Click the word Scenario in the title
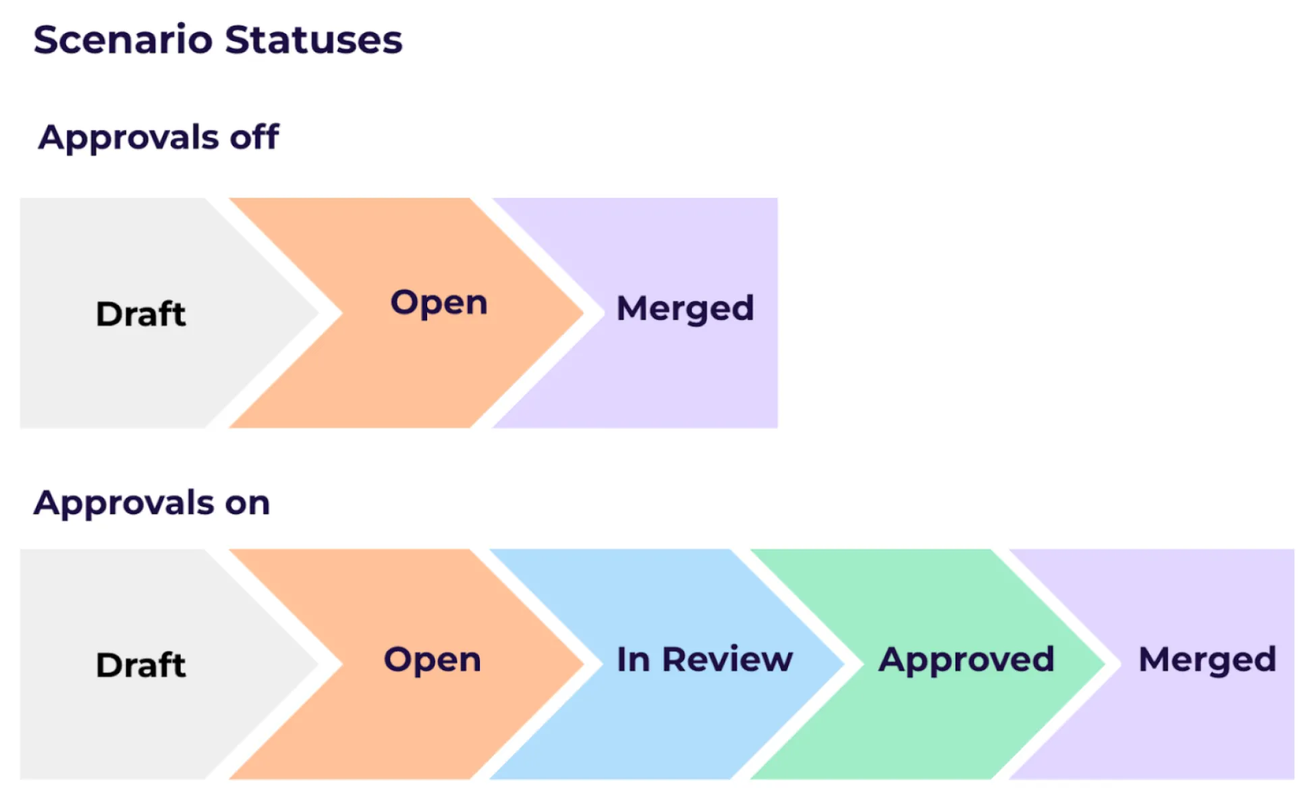click(x=123, y=39)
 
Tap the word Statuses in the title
click(x=314, y=39)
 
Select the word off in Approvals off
click(x=254, y=137)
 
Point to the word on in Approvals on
click(x=248, y=504)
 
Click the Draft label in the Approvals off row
click(x=141, y=314)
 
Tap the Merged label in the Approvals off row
click(x=685, y=309)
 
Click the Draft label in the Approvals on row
click(x=141, y=665)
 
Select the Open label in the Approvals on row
click(x=433, y=660)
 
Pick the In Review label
click(x=705, y=659)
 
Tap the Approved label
click(x=966, y=660)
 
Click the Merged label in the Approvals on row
click(x=1207, y=660)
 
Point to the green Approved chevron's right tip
click(x=1105, y=664)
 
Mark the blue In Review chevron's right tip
click(x=844, y=664)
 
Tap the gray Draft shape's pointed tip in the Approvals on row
click(x=318, y=664)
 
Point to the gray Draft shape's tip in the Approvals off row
click(x=318, y=312)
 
